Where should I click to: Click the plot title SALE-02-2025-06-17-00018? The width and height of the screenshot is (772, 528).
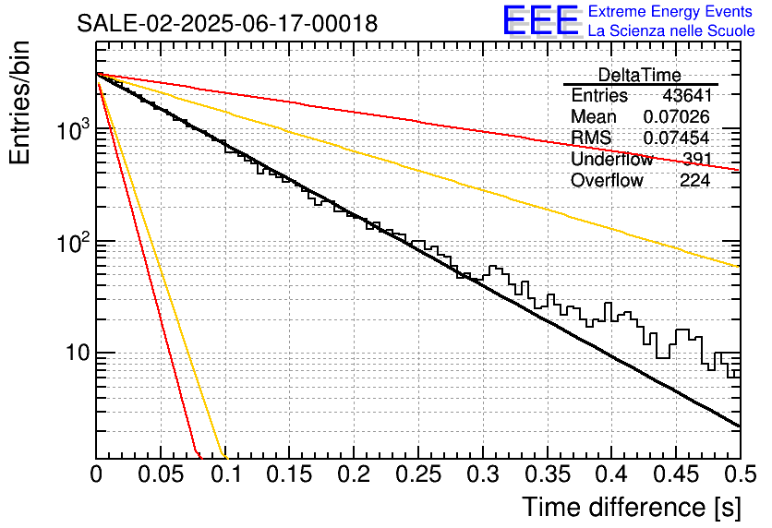coord(227,23)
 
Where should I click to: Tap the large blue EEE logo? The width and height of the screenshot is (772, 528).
coord(541,21)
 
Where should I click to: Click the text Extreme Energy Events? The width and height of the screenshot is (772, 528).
coord(670,11)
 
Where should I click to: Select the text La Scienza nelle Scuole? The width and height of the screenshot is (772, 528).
coord(671,30)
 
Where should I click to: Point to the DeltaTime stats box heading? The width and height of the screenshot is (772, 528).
coord(639,75)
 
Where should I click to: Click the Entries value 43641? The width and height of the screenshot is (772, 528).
coord(687,95)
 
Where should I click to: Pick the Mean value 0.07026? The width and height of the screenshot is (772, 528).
coord(676,116)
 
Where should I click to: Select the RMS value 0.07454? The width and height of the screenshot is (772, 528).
coord(676,138)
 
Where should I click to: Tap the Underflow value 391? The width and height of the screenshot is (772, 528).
coord(696,159)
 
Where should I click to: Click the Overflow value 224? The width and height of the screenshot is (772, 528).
coord(694,180)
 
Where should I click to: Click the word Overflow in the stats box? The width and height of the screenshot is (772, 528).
coord(607,180)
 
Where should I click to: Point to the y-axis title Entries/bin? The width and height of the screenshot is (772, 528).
coord(19,102)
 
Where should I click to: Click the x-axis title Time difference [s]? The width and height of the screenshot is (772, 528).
coord(632,508)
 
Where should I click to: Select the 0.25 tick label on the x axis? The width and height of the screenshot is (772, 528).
coord(418,474)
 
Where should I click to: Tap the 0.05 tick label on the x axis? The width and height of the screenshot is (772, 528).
coord(161,474)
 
